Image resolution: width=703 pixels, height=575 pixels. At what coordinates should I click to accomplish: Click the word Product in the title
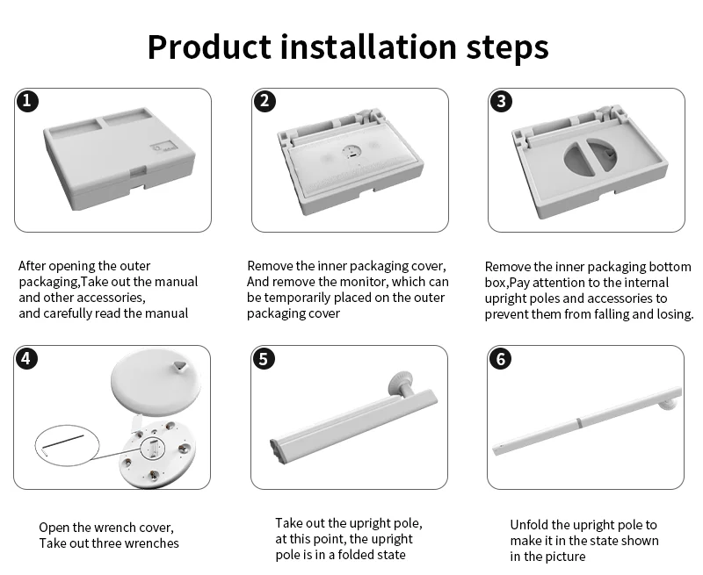(209, 47)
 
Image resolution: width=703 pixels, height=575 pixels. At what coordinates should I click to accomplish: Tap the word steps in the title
(508, 48)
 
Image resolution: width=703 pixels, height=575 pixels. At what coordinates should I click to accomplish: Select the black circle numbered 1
(27, 101)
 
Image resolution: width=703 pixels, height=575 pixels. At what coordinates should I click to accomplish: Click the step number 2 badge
(265, 101)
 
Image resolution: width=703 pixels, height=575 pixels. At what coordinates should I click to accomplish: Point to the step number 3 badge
(501, 101)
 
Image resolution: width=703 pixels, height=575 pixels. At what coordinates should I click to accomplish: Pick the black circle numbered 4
(26, 358)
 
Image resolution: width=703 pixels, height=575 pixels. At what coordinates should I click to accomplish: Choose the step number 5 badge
(263, 359)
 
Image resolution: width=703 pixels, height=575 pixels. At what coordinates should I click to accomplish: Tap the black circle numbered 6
(500, 359)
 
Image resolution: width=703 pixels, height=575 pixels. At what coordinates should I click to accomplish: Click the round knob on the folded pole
(402, 382)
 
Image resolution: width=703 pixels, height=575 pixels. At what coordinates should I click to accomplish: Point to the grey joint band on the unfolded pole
(579, 423)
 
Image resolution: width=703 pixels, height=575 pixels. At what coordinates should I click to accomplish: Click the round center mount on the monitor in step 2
(351, 152)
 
